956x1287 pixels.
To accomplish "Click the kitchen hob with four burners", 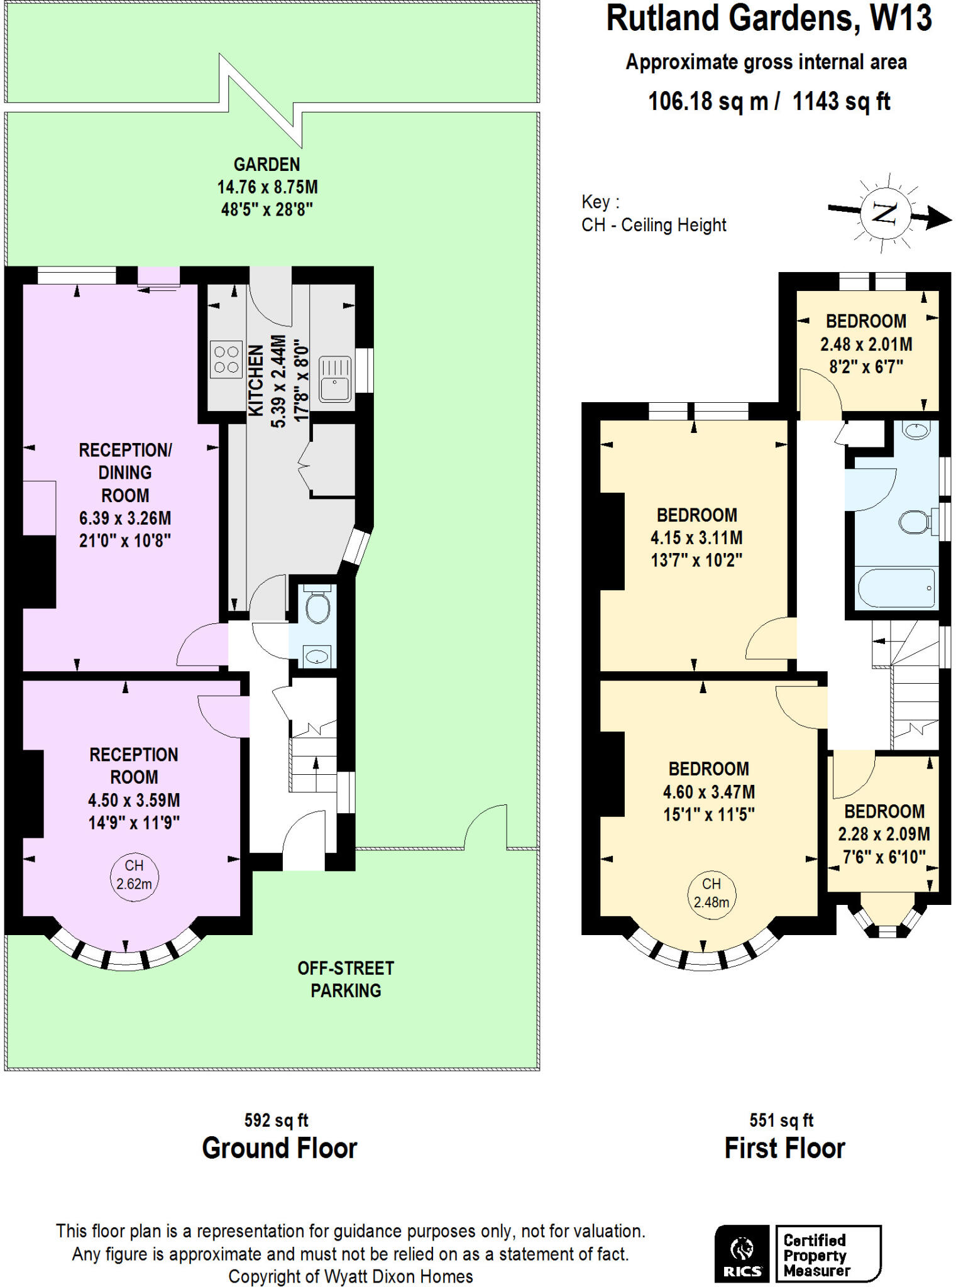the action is [x=226, y=359].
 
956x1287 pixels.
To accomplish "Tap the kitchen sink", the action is [x=334, y=378].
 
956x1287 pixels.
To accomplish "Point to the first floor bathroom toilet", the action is [x=915, y=522].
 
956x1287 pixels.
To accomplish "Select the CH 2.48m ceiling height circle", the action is [x=711, y=893].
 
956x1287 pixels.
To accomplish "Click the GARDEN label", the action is [x=266, y=165].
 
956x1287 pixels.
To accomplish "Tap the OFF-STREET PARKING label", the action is [x=346, y=979].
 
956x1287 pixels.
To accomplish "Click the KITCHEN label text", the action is [x=255, y=380].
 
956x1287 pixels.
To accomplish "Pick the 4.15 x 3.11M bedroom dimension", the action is [x=696, y=538].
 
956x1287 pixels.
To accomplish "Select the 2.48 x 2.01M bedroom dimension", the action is [x=866, y=344].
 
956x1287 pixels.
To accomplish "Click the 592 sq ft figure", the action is [x=276, y=1120].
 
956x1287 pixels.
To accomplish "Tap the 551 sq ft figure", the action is [x=781, y=1120].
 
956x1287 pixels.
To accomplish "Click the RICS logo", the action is [x=742, y=1254].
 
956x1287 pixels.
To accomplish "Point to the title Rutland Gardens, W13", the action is [x=768, y=19].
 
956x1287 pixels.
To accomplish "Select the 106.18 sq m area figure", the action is [x=708, y=101].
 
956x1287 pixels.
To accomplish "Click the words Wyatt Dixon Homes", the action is [x=398, y=1276].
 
